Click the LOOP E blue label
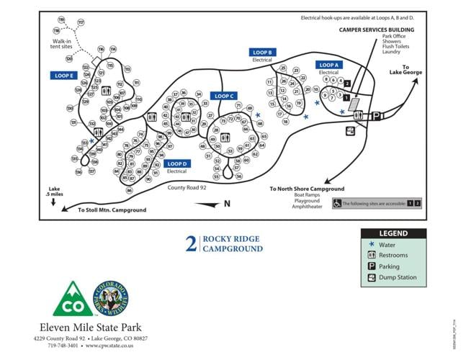click(x=63, y=75)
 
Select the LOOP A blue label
click(x=328, y=65)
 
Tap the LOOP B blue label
click(x=262, y=53)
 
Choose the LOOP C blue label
click(x=223, y=96)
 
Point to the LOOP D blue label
click(x=176, y=164)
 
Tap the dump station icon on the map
click(x=350, y=130)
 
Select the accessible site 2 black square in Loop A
click(x=347, y=84)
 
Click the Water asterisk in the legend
click(x=372, y=245)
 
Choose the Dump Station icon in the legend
click(x=372, y=277)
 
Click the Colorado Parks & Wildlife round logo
click(x=111, y=298)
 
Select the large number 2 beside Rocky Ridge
click(x=191, y=244)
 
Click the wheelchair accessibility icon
click(x=337, y=204)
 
